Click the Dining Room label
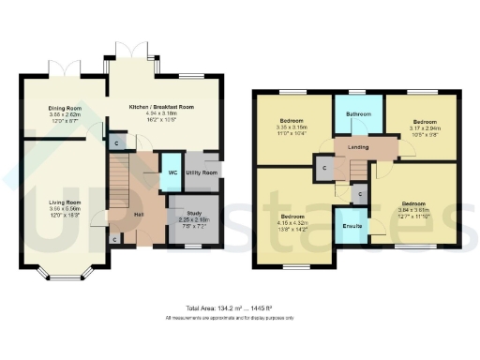(x=66, y=109)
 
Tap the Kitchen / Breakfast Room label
(x=165, y=85)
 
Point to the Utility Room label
(x=202, y=172)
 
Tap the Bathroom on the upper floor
(x=358, y=114)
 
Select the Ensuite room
(x=352, y=226)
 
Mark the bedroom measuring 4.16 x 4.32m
(x=292, y=217)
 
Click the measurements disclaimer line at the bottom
(x=240, y=318)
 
